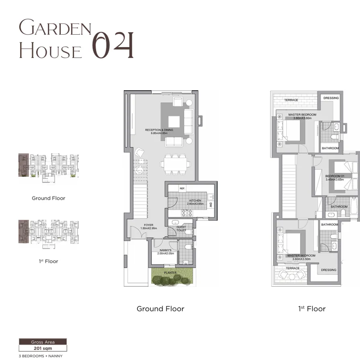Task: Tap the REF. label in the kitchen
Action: click(182, 188)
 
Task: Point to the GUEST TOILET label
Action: click(181, 229)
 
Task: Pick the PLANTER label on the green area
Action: click(170, 273)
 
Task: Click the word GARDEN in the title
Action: click(56, 29)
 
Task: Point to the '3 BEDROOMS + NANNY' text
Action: click(40, 356)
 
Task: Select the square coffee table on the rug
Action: click(174, 121)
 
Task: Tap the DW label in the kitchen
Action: click(210, 205)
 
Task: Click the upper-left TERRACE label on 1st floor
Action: click(291, 100)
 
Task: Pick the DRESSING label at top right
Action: click(331, 98)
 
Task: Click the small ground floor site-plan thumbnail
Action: click(48, 166)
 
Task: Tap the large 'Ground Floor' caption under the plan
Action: click(160, 309)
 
